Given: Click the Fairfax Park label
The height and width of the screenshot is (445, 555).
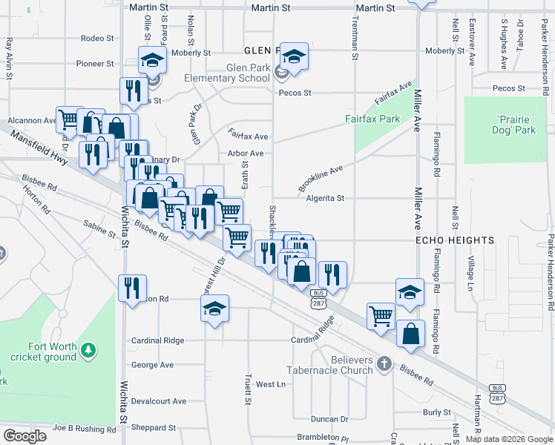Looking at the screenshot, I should click(372, 119).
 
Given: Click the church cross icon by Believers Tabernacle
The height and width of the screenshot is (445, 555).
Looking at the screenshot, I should click(384, 363).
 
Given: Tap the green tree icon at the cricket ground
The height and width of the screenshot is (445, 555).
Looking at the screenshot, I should click(88, 349).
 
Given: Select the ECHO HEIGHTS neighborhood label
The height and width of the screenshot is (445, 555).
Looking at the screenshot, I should click(454, 240).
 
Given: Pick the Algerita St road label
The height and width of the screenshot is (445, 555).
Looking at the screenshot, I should click(326, 198).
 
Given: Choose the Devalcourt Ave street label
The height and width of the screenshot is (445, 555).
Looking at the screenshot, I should click(159, 401).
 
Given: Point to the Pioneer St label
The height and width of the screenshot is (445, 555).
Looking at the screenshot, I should click(98, 65).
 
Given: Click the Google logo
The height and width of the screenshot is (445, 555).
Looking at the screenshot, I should click(24, 435).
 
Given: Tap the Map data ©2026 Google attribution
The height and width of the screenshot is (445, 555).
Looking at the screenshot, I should click(509, 439).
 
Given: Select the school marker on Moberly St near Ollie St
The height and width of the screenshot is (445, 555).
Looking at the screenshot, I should click(152, 59).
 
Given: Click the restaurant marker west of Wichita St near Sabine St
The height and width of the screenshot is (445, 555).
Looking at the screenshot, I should click(132, 288).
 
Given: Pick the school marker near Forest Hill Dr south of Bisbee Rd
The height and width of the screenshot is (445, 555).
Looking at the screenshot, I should click(214, 308).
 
